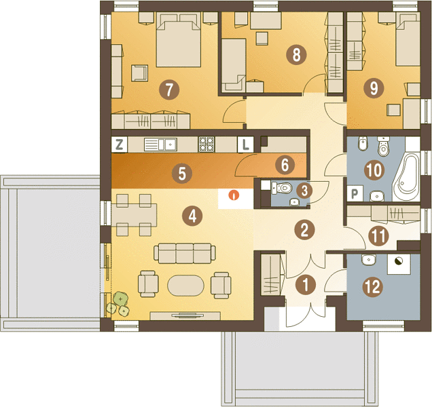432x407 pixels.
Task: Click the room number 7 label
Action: click(x=169, y=90)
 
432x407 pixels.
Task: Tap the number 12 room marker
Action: click(x=374, y=287)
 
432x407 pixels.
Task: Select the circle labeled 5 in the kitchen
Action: click(x=182, y=174)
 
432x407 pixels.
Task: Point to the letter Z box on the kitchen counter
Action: click(x=120, y=144)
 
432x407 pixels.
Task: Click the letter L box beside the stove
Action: click(x=245, y=144)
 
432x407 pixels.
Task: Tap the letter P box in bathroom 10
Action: click(x=355, y=193)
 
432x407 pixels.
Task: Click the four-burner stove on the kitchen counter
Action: click(x=206, y=144)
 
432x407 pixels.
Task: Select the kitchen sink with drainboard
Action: click(x=160, y=144)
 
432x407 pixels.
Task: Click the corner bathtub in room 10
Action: click(x=406, y=177)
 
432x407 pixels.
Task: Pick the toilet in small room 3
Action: click(x=282, y=188)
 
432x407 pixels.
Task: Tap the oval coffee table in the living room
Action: click(x=185, y=286)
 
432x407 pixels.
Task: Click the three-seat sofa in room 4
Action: click(x=185, y=253)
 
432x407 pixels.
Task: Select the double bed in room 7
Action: click(x=178, y=41)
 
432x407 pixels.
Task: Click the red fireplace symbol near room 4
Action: click(x=234, y=195)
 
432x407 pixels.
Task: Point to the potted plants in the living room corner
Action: click(x=118, y=304)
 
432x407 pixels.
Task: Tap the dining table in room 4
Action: click(x=134, y=215)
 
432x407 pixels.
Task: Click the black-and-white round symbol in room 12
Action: click(x=399, y=261)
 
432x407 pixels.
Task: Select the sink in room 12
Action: click(x=368, y=260)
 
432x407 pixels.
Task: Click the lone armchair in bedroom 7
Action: click(x=139, y=73)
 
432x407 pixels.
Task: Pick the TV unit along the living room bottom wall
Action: click(x=185, y=315)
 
